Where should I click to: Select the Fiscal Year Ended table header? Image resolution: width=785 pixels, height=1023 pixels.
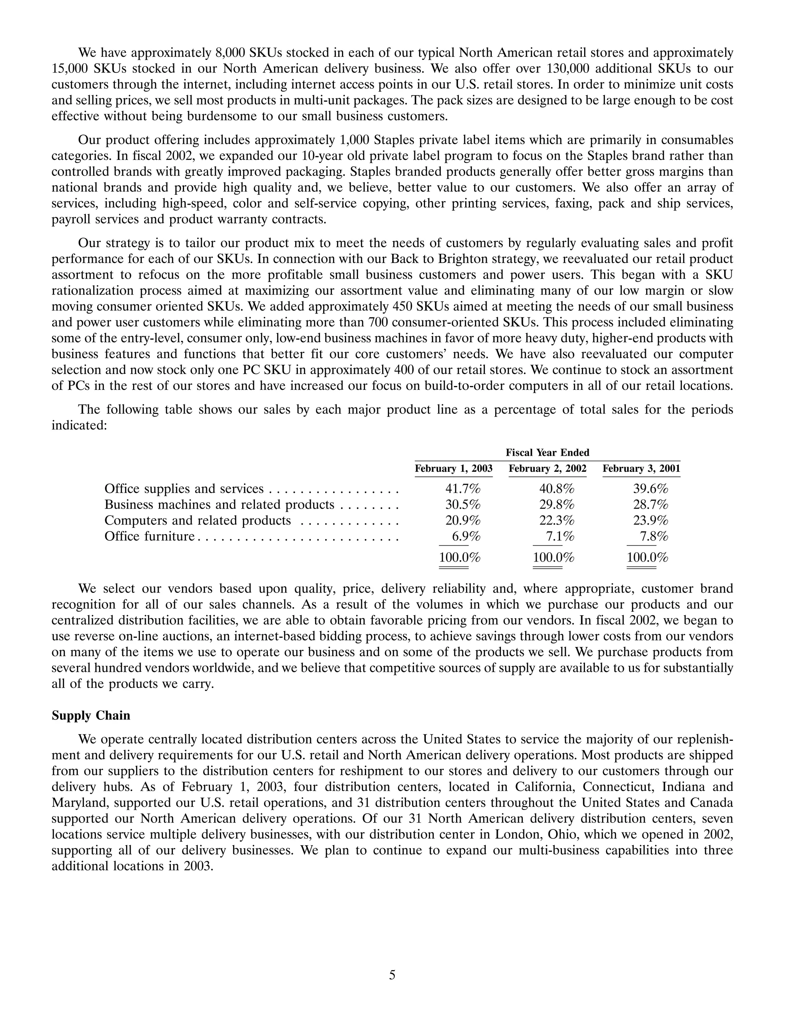point(547,452)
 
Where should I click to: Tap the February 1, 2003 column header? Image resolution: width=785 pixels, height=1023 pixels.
point(453,468)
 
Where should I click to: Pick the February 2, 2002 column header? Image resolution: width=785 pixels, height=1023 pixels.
point(547,468)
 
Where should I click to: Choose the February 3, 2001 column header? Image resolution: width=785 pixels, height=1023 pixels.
point(641,468)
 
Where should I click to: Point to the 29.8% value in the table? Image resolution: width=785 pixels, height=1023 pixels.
point(557,504)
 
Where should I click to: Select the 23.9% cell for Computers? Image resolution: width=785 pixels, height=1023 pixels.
point(650,521)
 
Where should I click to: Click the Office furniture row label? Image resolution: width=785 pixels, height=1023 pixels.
point(149,536)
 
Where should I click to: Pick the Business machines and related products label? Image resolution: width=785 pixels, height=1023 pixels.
point(219,504)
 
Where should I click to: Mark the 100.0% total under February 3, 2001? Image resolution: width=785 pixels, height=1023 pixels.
point(647,557)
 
